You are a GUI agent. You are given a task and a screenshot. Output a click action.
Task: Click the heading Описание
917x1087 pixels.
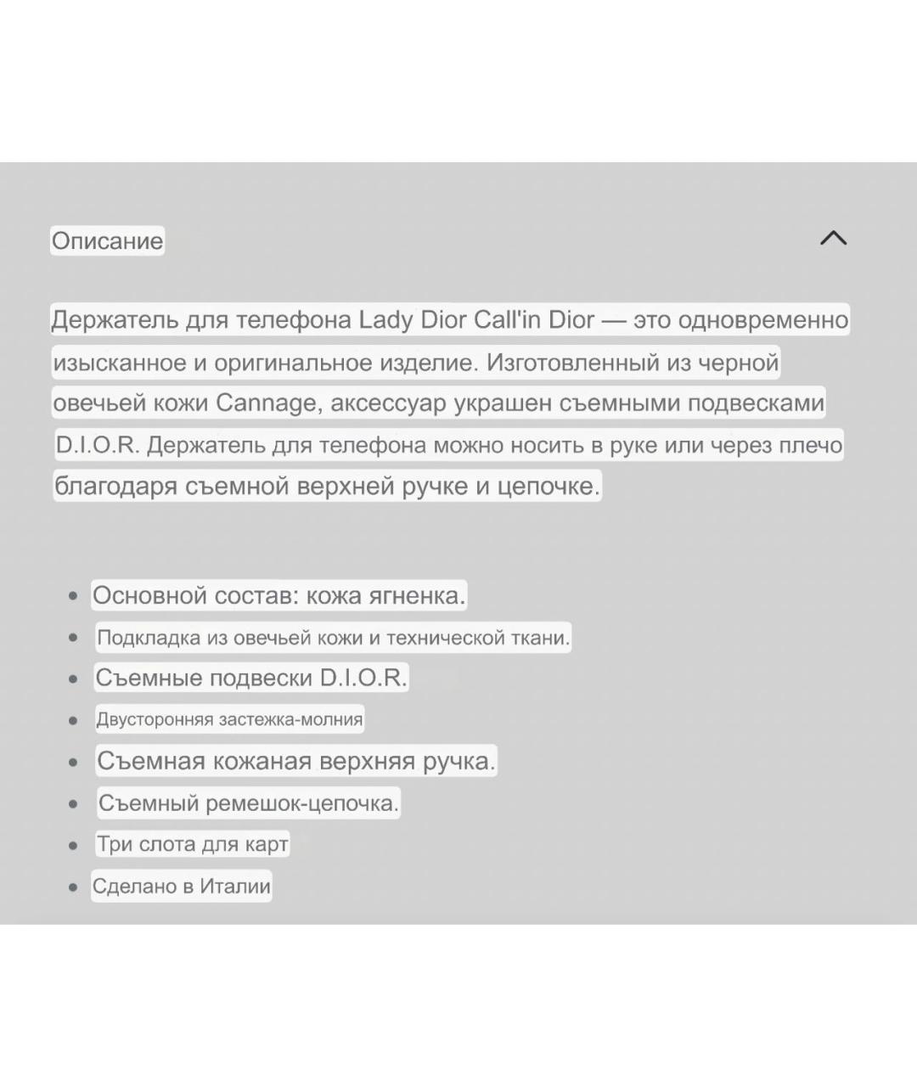click(x=107, y=241)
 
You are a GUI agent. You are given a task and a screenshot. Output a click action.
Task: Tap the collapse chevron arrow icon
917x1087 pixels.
click(x=833, y=238)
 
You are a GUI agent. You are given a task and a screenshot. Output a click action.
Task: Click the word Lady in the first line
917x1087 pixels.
click(x=386, y=320)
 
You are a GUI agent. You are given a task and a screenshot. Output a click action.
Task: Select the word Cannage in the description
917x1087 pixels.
click(x=265, y=403)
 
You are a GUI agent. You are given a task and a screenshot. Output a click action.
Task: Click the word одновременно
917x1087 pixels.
click(x=763, y=320)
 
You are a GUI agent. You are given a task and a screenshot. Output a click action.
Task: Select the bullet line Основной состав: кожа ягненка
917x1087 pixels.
click(x=278, y=595)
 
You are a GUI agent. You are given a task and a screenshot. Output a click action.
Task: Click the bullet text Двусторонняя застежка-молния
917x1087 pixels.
click(x=229, y=720)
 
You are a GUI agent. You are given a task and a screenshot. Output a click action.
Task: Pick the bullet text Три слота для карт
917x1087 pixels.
click(x=192, y=844)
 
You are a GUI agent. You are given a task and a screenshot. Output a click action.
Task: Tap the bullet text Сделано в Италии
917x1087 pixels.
click(x=182, y=887)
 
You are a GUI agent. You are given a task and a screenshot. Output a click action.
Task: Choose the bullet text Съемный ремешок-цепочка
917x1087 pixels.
click(x=248, y=803)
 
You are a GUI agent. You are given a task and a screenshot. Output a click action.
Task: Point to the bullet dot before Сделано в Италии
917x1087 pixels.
click(x=73, y=887)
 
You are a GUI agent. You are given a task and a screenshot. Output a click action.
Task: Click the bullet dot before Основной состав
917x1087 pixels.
click(x=73, y=596)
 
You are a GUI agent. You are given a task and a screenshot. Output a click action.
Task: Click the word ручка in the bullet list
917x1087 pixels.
click(x=458, y=761)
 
